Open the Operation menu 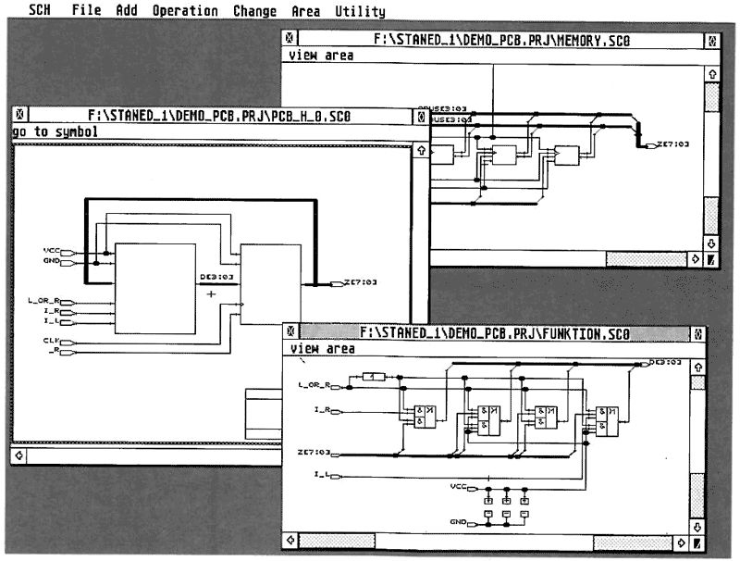pos(185,11)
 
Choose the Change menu pos(254,11)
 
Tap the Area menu pos(305,11)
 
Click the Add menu pos(127,11)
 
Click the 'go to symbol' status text pos(55,132)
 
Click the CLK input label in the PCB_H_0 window pos(51,341)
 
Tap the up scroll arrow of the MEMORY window pos(711,72)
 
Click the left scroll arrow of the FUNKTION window pos(291,541)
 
